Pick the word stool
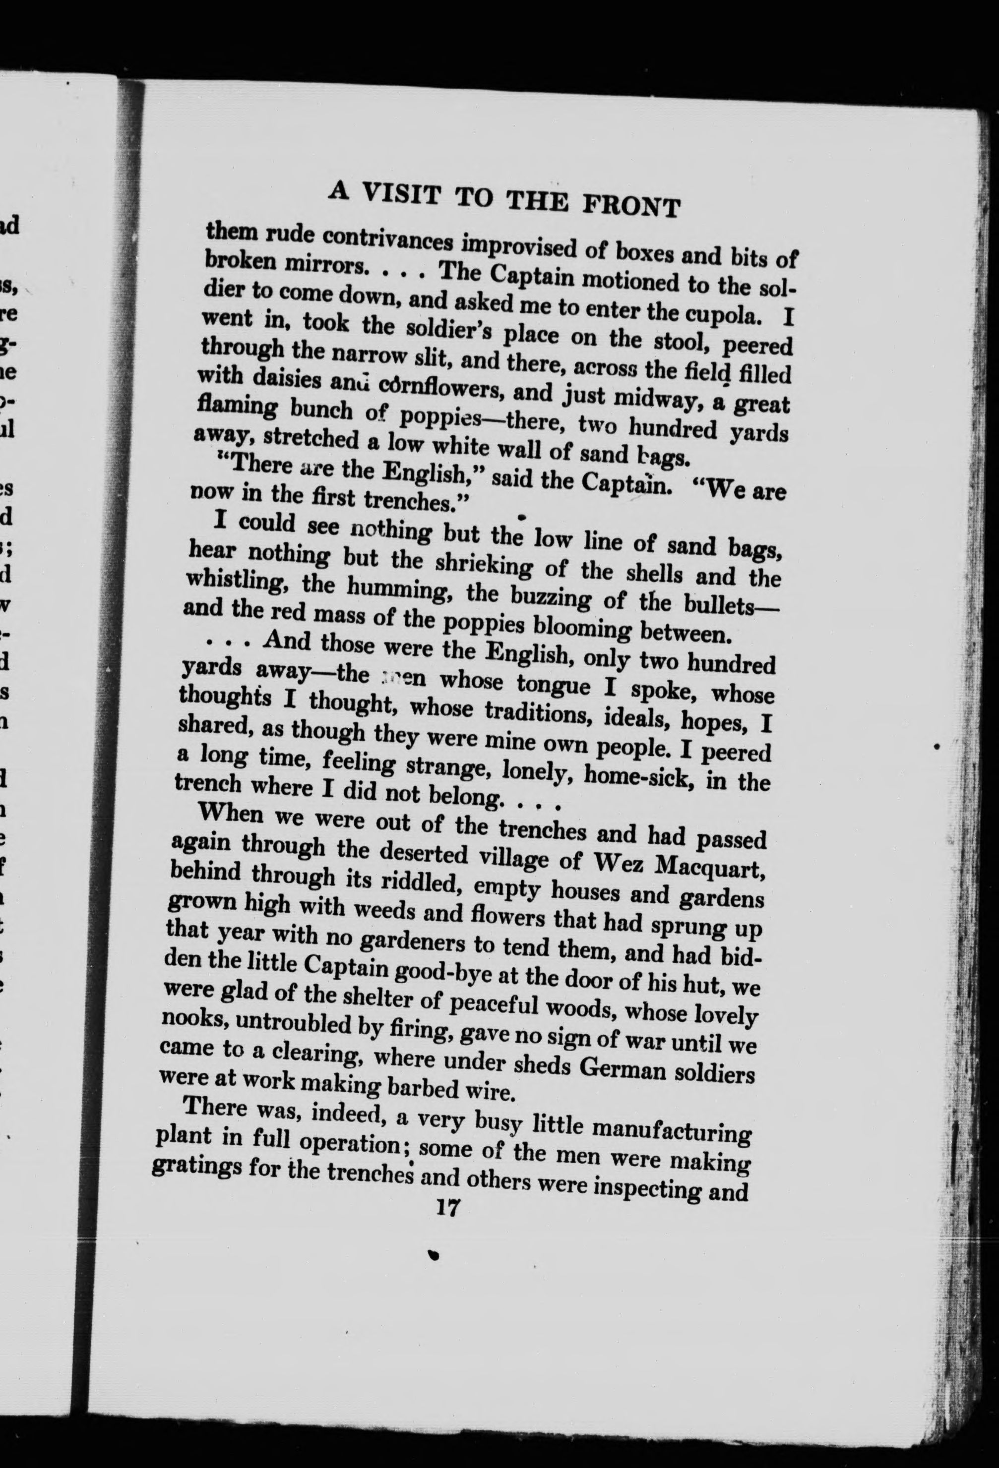click(681, 341)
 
